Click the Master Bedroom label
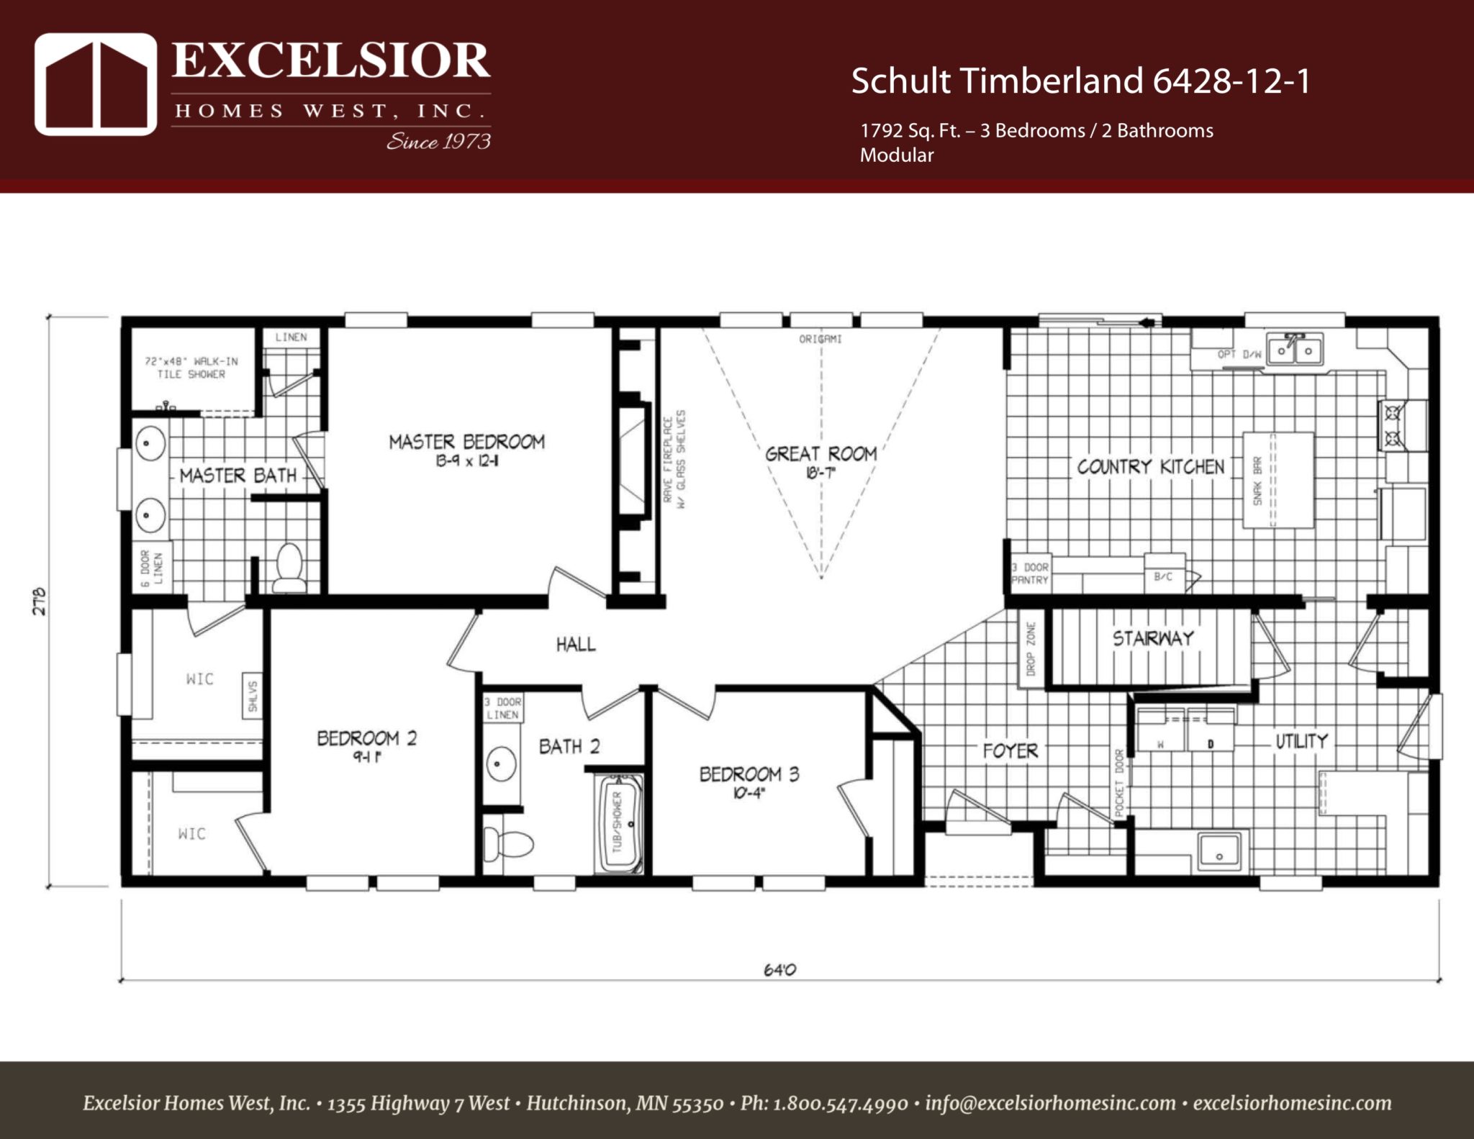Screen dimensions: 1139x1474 (466, 442)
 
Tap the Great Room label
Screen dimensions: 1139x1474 (820, 455)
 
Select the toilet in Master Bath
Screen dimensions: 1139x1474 (289, 568)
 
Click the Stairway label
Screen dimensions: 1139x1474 (1153, 639)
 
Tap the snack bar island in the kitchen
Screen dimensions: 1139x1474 (1278, 480)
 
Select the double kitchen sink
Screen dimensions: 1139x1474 (1295, 350)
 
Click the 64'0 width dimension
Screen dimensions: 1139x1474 (779, 970)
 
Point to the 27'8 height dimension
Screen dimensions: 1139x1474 (40, 601)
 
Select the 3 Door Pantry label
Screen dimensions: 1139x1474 (1030, 573)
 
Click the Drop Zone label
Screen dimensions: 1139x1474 (1031, 648)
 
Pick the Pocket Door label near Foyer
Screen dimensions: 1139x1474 (1119, 783)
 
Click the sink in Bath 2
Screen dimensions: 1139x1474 (501, 764)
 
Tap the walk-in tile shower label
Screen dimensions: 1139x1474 (191, 368)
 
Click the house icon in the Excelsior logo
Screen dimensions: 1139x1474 (96, 84)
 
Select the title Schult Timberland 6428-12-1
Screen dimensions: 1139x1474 (1080, 81)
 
